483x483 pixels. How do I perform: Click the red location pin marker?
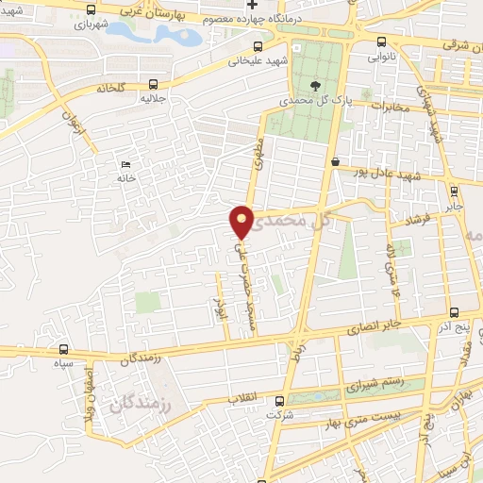pos(242,222)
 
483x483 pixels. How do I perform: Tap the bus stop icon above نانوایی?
pos(381,42)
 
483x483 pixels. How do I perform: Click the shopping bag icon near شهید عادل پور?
pos(336,161)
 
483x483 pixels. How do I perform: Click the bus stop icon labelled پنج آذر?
pos(455,312)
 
